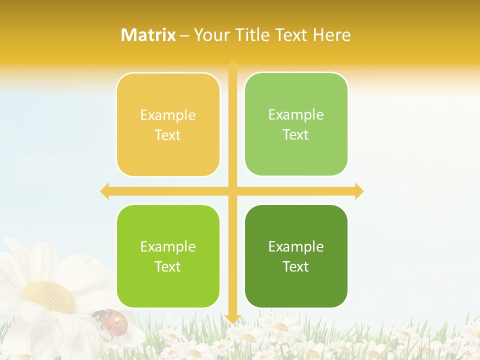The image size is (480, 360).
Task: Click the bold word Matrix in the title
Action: (148, 35)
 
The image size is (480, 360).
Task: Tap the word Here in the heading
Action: (331, 35)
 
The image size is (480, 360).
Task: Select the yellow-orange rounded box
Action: (168, 125)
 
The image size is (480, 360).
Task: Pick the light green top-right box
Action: (296, 124)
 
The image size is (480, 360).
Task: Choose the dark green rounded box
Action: (296, 256)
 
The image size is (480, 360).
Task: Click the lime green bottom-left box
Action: (168, 256)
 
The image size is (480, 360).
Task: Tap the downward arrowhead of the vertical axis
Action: (232, 318)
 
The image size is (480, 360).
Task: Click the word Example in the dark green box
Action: (296, 246)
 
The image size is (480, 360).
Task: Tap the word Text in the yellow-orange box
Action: (168, 135)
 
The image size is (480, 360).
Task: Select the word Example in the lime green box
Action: (168, 246)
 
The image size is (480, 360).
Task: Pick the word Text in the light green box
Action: (296, 135)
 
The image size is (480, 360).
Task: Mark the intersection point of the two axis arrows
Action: (232, 191)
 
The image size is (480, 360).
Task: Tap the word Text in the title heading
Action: (290, 35)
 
